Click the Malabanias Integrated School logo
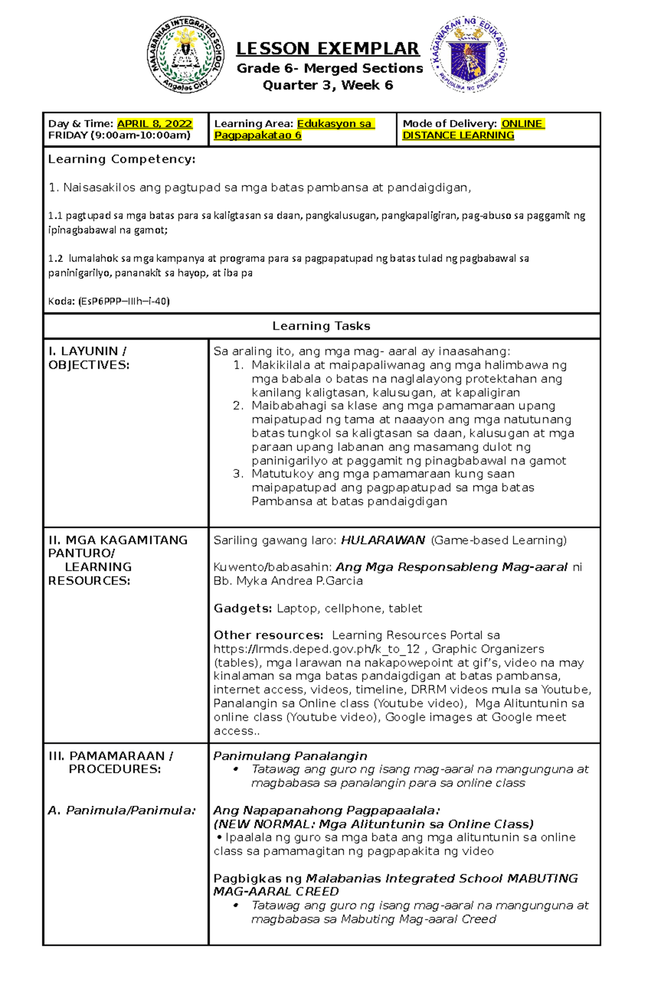pos(186,54)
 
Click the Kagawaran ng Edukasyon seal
pos(469,54)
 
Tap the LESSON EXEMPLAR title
pos(328,49)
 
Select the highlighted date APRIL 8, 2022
pos(155,124)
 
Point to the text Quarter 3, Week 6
pos(328,85)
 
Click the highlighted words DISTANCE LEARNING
pos(458,135)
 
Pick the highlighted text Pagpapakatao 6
pos(258,135)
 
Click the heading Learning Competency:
pos(122,159)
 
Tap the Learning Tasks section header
pos(321,326)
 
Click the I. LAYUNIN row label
pos(87,351)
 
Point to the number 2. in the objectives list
pos(238,406)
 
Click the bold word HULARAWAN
pos(382,540)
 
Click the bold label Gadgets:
pos(242,608)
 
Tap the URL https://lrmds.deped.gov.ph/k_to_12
pos(316,649)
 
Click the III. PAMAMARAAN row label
pos(111,756)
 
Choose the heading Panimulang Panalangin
pos(290,756)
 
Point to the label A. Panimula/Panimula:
pos(122,811)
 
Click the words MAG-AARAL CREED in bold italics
pos(276,892)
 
